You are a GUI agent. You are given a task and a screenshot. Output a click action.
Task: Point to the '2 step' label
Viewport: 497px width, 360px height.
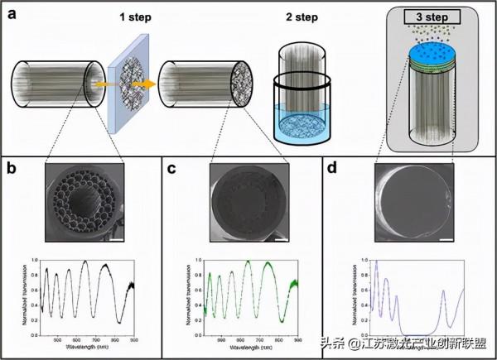point(299,18)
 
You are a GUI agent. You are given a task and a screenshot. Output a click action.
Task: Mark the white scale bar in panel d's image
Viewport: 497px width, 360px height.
point(446,240)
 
